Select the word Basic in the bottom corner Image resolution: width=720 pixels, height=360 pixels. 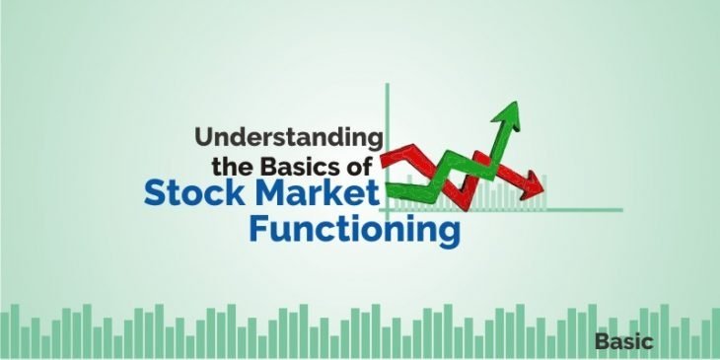click(623, 341)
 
